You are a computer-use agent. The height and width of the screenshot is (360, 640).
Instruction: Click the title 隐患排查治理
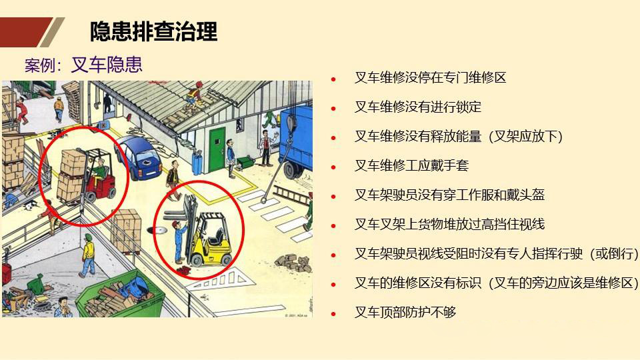153,31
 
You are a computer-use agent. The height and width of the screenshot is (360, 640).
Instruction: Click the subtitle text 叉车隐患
106,65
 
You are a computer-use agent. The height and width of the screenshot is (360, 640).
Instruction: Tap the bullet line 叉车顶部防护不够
405,311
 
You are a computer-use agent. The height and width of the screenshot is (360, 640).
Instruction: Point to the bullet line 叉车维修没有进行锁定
417,107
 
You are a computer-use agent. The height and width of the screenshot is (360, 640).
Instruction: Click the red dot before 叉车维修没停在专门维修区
333,79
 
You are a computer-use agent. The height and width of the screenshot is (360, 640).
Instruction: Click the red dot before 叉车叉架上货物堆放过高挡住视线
333,225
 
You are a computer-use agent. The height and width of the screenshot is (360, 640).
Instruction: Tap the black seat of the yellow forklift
215,234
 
